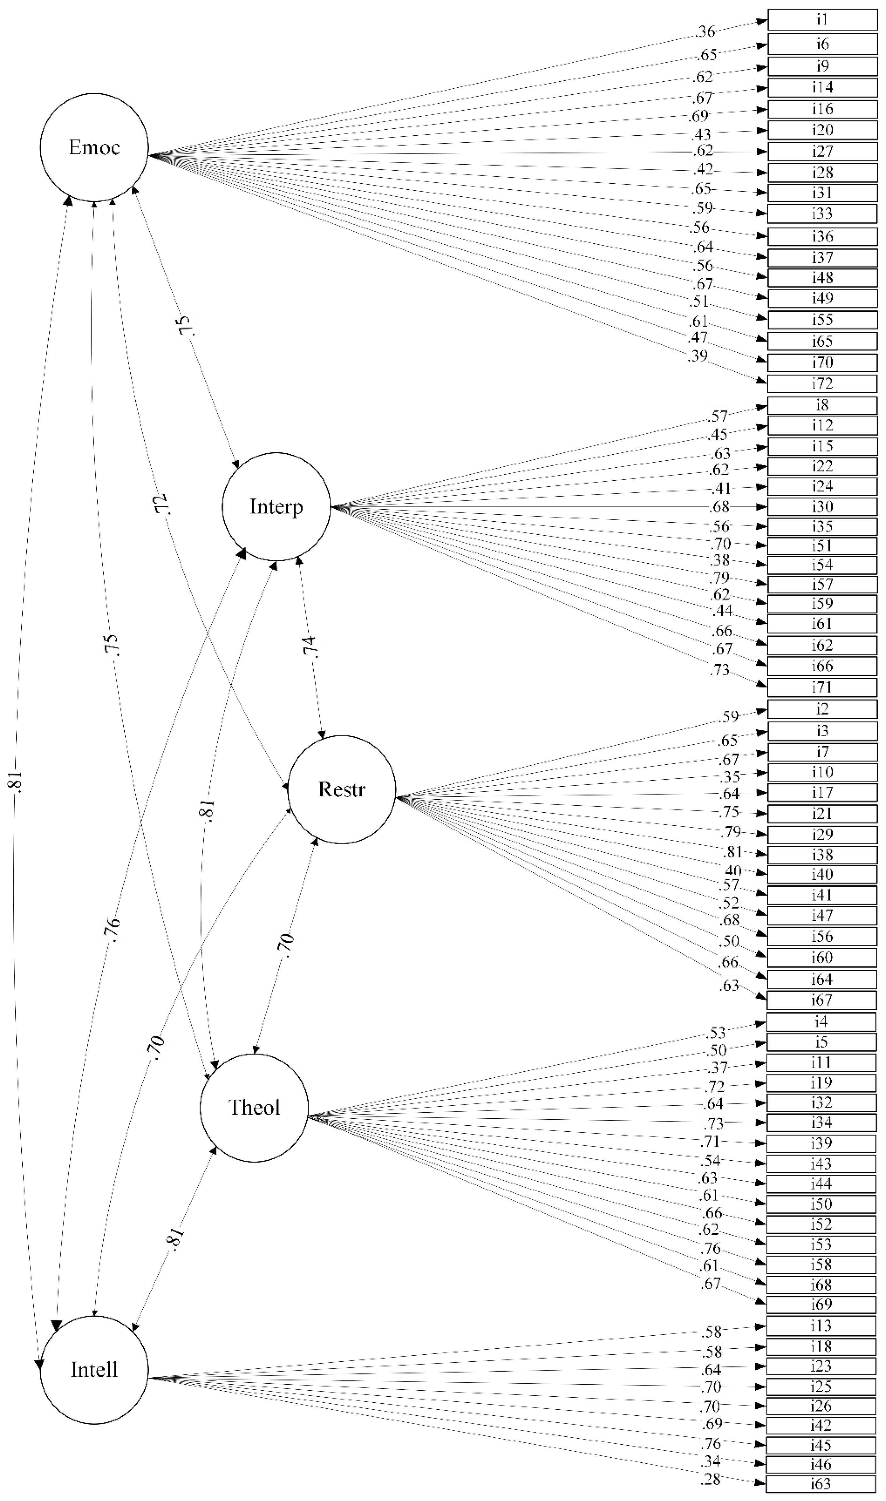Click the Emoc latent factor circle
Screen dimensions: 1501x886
pyautogui.click(x=94, y=147)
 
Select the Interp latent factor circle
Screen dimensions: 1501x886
pyautogui.click(x=276, y=507)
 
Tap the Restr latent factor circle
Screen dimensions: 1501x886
pyautogui.click(x=341, y=789)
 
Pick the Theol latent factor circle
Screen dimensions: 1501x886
pyautogui.click(x=254, y=1107)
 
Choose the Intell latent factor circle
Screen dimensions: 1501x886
pyautogui.click(x=94, y=1369)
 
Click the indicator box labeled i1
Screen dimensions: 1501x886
pyautogui.click(x=822, y=20)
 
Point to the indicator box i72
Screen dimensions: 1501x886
pyautogui.click(x=822, y=383)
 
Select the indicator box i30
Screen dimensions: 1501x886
pyautogui.click(x=822, y=507)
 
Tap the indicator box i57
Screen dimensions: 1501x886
pyautogui.click(x=822, y=584)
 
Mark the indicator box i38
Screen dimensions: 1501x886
pyautogui.click(x=822, y=854)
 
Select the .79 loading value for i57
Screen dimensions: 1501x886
pyautogui.click(x=721, y=577)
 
